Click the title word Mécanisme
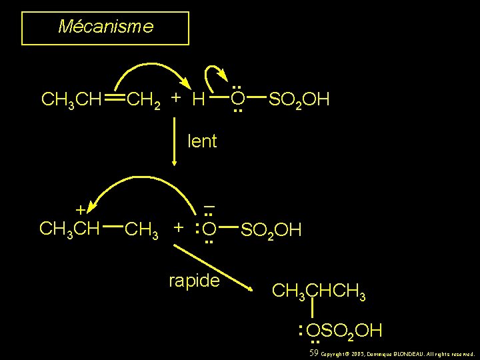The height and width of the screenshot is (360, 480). [105, 27]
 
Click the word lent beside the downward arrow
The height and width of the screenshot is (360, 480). [203, 141]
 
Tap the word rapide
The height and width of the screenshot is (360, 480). [194, 281]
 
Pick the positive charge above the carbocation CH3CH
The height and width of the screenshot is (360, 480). [80, 210]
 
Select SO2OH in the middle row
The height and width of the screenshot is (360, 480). [271, 230]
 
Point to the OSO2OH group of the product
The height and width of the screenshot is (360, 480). [343, 329]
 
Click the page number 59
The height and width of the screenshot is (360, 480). [314, 352]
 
